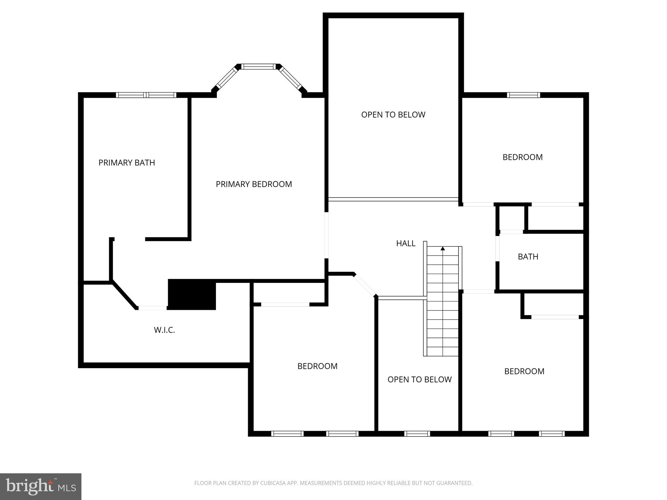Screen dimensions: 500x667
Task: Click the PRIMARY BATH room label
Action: (x=127, y=162)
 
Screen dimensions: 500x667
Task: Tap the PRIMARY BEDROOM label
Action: (x=254, y=184)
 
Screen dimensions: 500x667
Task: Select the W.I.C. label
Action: (x=164, y=330)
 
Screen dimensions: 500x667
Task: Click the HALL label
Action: (x=405, y=243)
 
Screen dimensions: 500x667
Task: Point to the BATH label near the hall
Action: (x=528, y=257)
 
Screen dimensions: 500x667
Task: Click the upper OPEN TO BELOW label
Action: (x=393, y=115)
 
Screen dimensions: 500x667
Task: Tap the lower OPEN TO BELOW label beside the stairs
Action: (x=419, y=379)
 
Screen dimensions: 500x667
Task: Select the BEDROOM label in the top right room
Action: (x=522, y=157)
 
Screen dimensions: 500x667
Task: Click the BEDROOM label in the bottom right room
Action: (x=524, y=371)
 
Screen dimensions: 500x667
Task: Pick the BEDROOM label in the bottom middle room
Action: (x=317, y=366)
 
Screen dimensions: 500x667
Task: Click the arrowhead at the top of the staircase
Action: (x=443, y=249)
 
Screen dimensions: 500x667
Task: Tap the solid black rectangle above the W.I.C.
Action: (x=192, y=294)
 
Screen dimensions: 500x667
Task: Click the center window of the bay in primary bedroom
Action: (x=258, y=67)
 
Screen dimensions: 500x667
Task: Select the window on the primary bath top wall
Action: (x=146, y=95)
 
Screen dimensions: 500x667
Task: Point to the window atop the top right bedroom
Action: (x=523, y=95)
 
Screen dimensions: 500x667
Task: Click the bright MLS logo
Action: (x=41, y=487)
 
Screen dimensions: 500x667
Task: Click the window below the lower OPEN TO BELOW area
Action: (x=417, y=434)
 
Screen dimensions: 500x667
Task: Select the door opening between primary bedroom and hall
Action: (x=326, y=235)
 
